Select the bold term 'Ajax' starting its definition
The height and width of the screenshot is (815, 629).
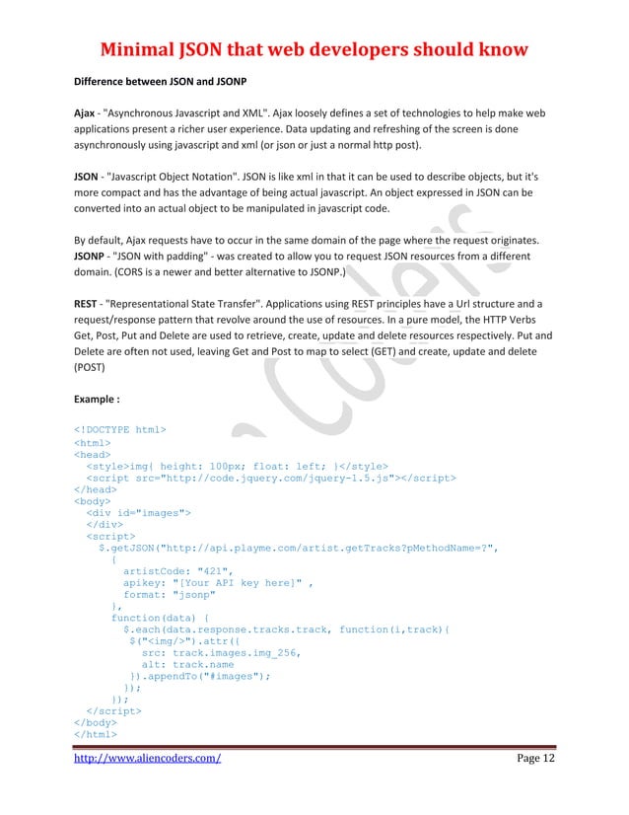[85, 115]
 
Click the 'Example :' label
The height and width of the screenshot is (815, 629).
[98, 402]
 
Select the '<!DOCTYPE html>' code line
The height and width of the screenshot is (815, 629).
[120, 429]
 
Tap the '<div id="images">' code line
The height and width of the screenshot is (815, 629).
[138, 513]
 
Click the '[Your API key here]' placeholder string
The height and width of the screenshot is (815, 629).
[238, 582]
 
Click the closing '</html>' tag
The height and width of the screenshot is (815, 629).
[95, 734]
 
